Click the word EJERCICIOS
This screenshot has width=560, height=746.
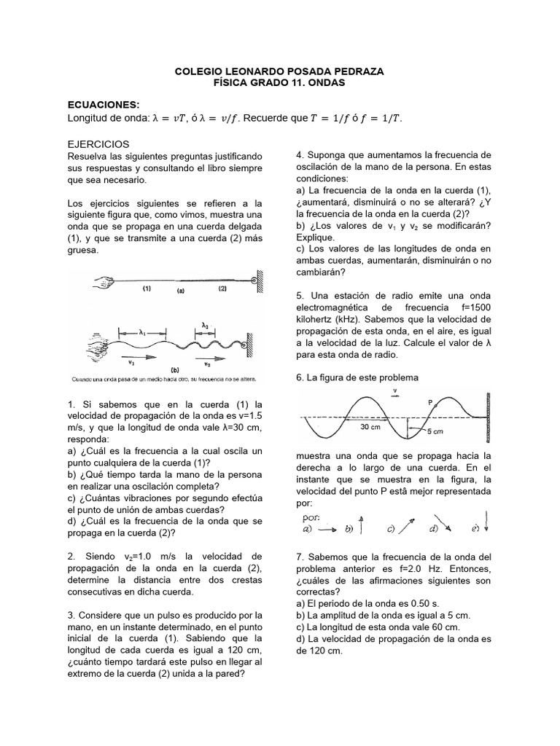[98, 144]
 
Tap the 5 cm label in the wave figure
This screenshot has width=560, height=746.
[454, 431]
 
